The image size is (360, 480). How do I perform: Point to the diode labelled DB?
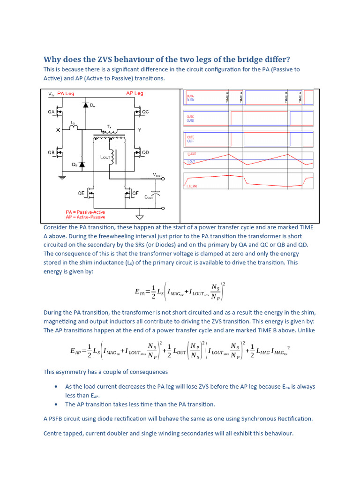[82, 165]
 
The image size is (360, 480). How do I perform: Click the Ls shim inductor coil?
[74, 129]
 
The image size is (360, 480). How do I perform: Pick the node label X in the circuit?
[58, 130]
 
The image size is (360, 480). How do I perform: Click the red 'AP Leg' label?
[135, 93]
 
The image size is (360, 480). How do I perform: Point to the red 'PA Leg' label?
[66, 94]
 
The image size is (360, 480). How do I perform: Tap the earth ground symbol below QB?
[61, 177]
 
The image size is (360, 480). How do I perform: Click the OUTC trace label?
[190, 117]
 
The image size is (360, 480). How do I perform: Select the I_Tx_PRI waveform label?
[193, 186]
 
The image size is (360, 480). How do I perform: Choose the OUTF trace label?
[190, 141]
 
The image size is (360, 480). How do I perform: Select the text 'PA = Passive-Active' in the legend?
[86, 212]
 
